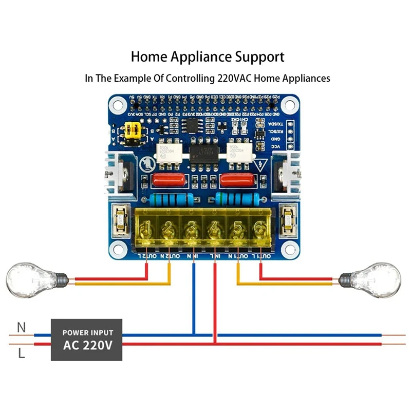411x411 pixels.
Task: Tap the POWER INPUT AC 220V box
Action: pyautogui.click(x=86, y=339)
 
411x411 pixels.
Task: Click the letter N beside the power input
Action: pyautogui.click(x=21, y=327)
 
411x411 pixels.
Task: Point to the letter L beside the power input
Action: pyautogui.click(x=21, y=353)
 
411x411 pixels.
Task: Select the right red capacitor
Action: pyautogui.click(x=237, y=180)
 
